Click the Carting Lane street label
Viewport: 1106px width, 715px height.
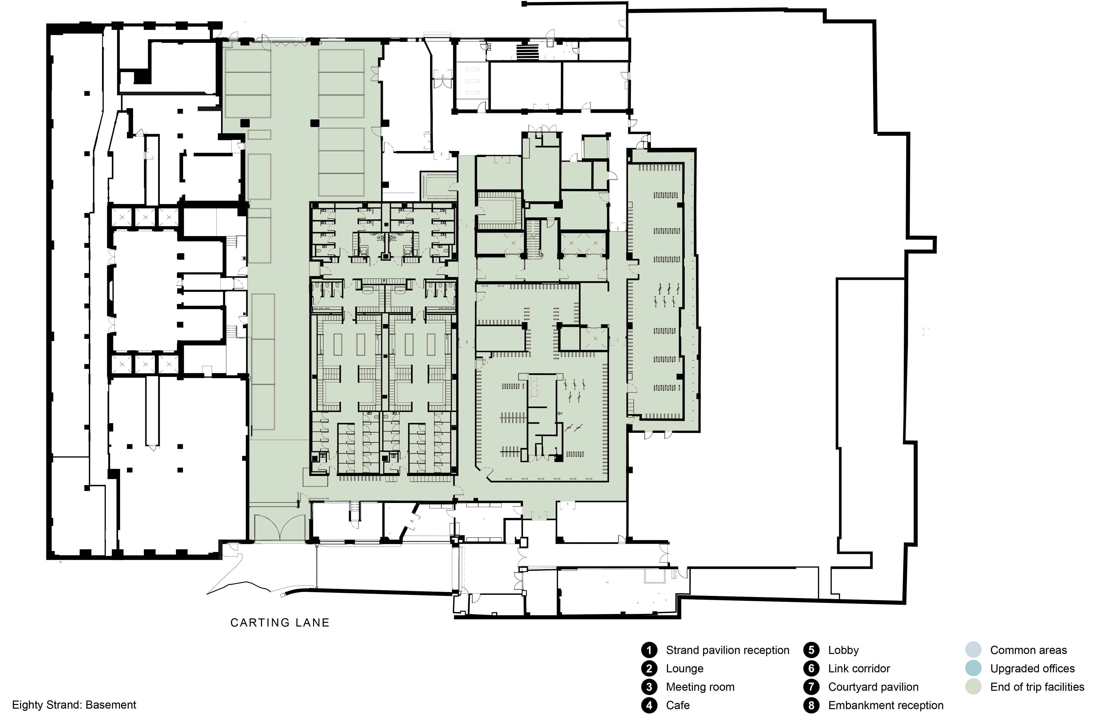click(x=280, y=623)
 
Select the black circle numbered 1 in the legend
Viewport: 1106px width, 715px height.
click(x=649, y=650)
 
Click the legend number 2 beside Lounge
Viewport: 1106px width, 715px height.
click(x=649, y=669)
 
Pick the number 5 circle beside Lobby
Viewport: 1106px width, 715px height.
click(x=811, y=650)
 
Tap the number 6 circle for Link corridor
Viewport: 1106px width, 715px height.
click(x=811, y=669)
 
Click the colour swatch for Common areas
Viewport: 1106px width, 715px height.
click(x=973, y=650)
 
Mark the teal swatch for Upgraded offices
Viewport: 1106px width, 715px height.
click(x=973, y=669)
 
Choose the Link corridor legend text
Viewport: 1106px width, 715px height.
click(x=859, y=669)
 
